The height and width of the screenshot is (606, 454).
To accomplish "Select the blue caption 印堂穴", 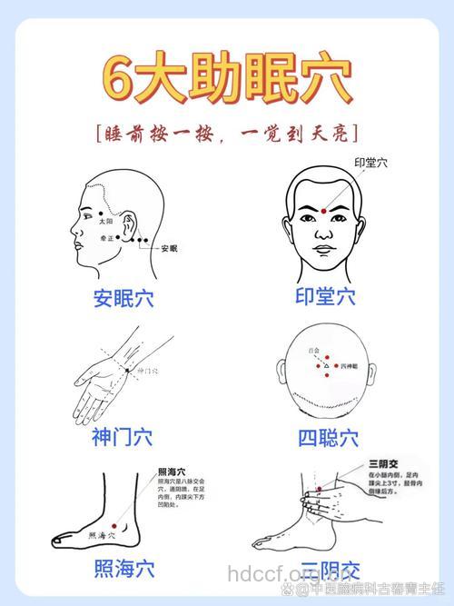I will coord(325,296).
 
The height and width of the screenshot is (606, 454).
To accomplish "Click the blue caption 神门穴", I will coord(122,437).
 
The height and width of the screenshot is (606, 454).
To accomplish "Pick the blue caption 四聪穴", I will coord(328,439).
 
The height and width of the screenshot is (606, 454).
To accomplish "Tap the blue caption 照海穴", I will coord(123,570).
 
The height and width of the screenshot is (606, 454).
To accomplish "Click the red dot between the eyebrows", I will coord(324,211).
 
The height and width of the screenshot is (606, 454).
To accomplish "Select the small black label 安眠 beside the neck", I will coord(169,248).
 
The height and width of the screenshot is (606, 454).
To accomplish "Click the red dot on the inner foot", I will coord(114,527).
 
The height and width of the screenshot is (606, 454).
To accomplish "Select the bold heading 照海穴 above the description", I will coord(171,472).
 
